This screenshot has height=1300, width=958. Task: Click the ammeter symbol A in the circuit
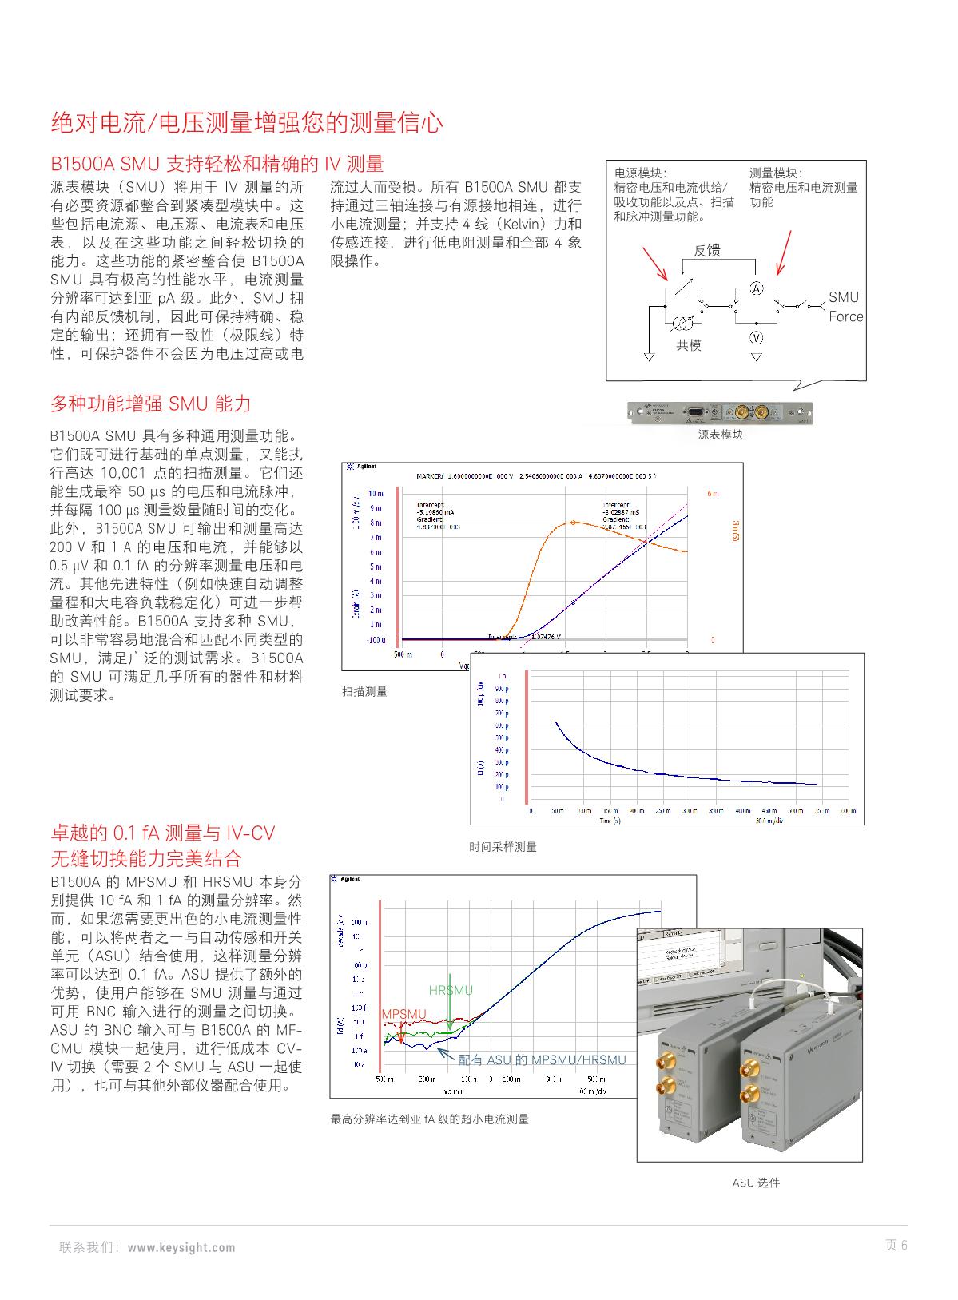756,288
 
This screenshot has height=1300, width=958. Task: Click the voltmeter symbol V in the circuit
756,337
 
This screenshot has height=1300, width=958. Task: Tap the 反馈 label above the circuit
706,251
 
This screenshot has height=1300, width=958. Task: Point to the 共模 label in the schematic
689,345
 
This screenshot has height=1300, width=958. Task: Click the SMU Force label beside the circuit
845,307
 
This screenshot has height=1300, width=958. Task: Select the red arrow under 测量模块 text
784,252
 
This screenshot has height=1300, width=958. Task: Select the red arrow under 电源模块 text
654,263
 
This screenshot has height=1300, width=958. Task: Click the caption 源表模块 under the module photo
720,435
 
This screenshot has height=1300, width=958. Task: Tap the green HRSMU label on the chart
451,991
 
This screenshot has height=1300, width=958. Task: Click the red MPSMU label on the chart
404,1014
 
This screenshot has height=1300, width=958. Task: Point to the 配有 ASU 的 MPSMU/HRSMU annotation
542,1059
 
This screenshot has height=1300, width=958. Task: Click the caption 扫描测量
364,691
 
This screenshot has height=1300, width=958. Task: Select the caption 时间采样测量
503,847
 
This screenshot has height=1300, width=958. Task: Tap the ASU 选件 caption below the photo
755,1183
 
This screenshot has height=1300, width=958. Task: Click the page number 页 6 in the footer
896,1245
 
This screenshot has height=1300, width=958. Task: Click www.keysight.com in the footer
181,1247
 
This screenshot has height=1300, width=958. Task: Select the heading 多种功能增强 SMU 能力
151,404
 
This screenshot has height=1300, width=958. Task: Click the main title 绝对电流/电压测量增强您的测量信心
247,123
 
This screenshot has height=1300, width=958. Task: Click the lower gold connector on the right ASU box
749,1095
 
